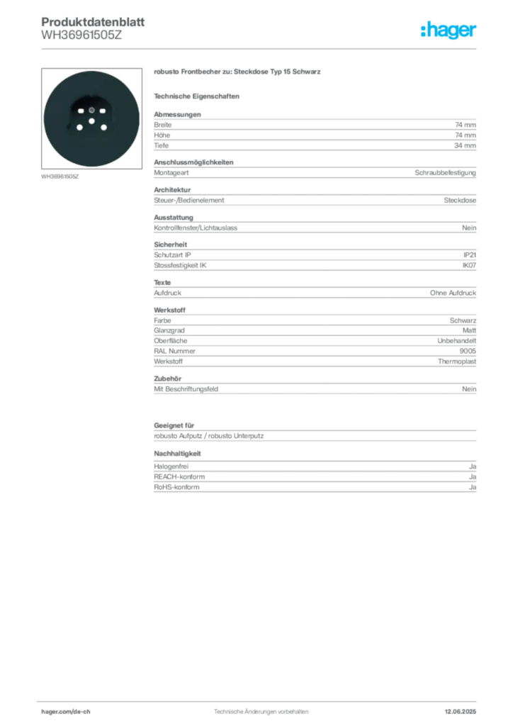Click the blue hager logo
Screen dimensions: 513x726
click(x=449, y=31)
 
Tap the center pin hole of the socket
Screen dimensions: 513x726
click(x=91, y=122)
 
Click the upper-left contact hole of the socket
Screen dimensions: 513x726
click(x=80, y=112)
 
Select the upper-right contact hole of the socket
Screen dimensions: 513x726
click(x=103, y=112)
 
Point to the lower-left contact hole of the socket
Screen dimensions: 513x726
click(x=80, y=128)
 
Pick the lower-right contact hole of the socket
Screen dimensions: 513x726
click(x=103, y=128)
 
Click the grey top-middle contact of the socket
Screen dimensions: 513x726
click(x=91, y=111)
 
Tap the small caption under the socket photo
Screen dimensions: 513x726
click(x=62, y=177)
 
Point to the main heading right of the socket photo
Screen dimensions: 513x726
click(x=237, y=73)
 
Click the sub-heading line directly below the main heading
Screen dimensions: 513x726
click(x=198, y=96)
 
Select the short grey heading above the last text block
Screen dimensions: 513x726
click(x=179, y=453)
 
